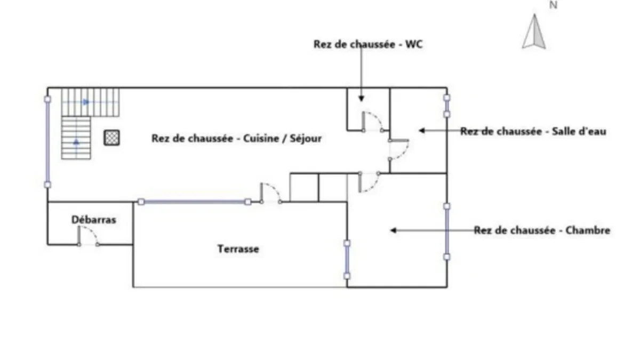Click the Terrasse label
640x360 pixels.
[238, 249]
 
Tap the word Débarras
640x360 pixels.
[94, 220]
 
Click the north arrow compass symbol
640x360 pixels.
[534, 31]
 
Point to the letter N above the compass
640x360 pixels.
[554, 5]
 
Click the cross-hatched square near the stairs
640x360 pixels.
[111, 138]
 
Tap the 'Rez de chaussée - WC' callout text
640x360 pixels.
[368, 44]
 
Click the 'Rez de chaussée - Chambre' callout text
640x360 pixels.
[542, 230]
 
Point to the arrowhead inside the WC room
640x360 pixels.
[362, 99]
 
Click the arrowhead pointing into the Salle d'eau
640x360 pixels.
[422, 131]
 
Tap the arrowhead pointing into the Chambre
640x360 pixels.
[394, 230]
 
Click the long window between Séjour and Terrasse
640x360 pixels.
[195, 202]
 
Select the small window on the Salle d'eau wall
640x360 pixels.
[447, 106]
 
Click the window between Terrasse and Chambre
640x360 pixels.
[347, 260]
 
